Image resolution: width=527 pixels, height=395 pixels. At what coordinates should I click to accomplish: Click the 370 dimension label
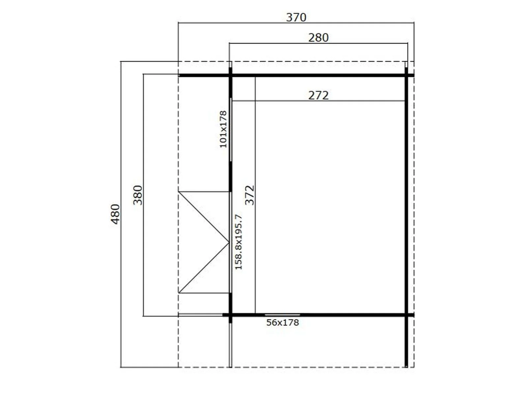pos(296,17)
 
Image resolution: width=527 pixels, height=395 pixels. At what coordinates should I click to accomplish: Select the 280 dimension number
pos(319,38)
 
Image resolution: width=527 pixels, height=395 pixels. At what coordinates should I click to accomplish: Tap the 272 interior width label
pos(319,95)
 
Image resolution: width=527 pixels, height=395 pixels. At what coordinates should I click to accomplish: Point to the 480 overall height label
pos(115,214)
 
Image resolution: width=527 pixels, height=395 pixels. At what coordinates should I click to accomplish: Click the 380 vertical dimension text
pos(138,195)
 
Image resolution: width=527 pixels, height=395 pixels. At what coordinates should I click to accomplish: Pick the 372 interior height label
pos(250,195)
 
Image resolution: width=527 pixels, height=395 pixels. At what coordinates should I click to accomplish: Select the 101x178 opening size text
pos(223,129)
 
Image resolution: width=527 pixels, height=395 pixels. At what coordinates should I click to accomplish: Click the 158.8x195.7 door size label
pos(239,242)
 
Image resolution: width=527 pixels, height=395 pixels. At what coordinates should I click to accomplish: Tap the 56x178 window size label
pos(283,323)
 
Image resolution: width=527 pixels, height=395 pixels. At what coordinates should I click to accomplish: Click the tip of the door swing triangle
pos(229,243)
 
